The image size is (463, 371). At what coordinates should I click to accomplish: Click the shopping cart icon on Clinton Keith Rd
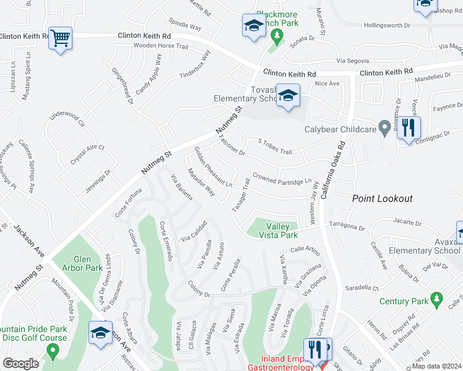[61, 38]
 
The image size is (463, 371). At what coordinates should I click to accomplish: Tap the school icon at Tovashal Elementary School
[288, 95]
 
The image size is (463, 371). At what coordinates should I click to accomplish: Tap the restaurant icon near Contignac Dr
[409, 128]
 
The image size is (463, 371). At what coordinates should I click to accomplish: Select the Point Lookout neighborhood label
[382, 198]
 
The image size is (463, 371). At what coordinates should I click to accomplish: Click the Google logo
[21, 364]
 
